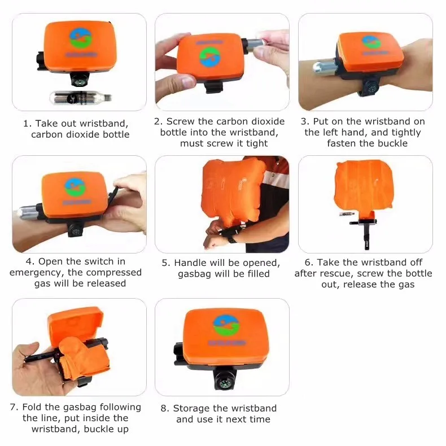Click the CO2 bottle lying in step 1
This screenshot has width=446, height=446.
pos(81,98)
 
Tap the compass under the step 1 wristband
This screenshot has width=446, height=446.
pos(80,82)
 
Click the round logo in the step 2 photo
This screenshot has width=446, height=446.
pos(209,57)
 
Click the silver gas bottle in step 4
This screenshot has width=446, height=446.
pos(28,212)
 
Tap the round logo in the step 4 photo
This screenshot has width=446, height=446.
pos(75,187)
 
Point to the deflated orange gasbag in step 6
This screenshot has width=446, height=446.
pos(365,188)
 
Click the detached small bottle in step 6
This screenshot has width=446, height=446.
pos(347,214)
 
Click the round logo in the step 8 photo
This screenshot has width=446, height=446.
pos(226,326)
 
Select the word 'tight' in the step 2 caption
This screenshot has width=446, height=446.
pos(257,143)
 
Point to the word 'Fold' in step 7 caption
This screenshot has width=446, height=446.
pos(32,407)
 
